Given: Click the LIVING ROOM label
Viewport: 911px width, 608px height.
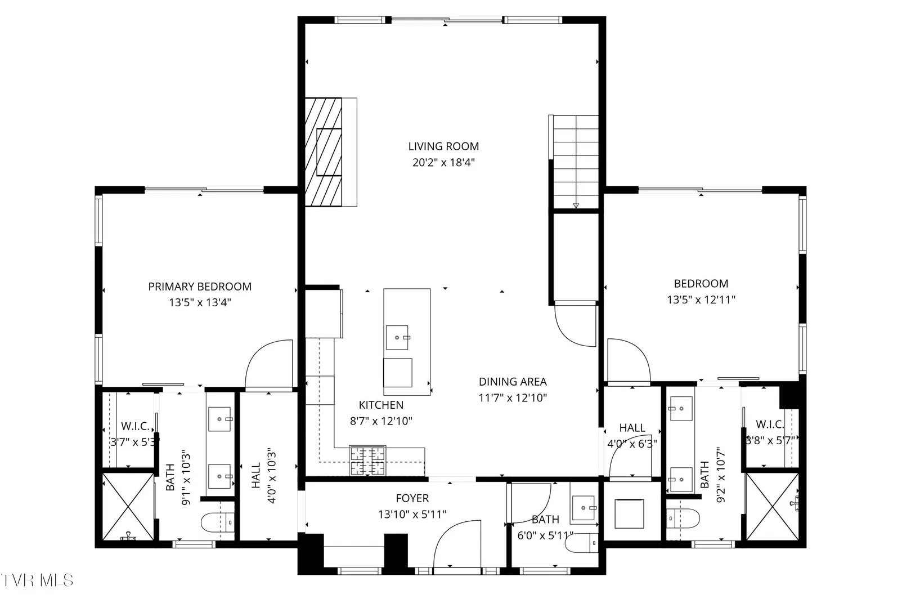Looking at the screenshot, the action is [x=444, y=146].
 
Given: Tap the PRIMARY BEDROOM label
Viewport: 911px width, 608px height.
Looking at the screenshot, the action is [x=200, y=287].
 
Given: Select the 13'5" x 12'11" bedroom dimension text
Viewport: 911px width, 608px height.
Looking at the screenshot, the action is [x=701, y=300].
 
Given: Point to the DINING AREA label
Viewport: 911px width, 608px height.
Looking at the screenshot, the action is [x=513, y=382].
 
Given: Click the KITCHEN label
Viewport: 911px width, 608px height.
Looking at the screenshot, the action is [x=381, y=405].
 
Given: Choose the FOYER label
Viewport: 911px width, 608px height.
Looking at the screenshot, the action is [x=412, y=498].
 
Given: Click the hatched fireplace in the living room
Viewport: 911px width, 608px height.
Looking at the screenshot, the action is [x=324, y=152].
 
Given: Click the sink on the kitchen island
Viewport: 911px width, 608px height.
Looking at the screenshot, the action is [x=397, y=337].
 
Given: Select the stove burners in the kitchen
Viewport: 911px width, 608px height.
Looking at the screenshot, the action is [x=367, y=461].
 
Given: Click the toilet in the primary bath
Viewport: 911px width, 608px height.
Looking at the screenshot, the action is [x=218, y=522].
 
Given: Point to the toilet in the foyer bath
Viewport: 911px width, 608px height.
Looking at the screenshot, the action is [x=582, y=543].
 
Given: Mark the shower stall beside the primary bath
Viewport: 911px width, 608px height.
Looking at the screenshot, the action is [x=128, y=507].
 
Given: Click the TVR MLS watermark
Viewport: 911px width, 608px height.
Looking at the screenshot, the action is [x=37, y=580].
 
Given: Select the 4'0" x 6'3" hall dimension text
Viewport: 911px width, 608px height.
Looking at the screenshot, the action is [x=632, y=444].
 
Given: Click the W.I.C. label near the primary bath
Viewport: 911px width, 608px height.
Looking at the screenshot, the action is [x=136, y=427].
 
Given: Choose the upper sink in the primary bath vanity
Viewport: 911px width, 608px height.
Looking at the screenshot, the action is [x=219, y=419].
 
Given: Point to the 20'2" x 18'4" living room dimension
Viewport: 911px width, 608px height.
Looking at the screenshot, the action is [x=444, y=163].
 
